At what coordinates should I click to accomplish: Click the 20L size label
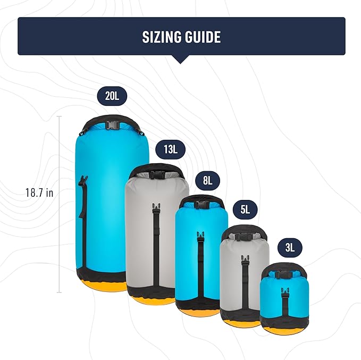click(x=112, y=96)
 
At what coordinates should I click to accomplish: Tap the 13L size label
click(x=170, y=149)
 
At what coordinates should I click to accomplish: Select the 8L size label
click(x=206, y=181)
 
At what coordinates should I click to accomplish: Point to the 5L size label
click(x=245, y=210)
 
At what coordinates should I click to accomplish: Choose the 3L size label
click(x=290, y=247)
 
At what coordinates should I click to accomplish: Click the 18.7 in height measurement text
click(x=40, y=192)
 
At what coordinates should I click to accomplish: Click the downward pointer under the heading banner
click(x=181, y=59)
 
